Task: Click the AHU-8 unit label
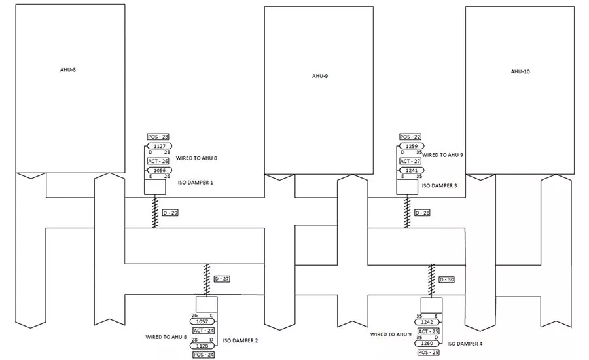click(68, 70)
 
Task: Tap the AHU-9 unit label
click(320, 76)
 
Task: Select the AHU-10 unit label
click(520, 71)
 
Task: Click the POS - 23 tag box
click(158, 137)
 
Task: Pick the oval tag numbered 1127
click(159, 146)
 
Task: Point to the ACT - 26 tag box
click(158, 161)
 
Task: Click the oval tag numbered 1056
click(159, 170)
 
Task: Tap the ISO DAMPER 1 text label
click(195, 182)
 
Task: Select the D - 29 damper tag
click(170, 213)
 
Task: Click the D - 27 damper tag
click(222, 279)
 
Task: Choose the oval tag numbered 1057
click(202, 321)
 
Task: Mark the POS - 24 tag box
click(204, 355)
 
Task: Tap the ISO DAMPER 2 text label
click(240, 340)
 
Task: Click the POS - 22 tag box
click(410, 137)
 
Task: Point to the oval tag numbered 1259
click(412, 146)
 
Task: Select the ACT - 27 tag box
click(410, 161)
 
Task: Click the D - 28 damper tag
click(422, 213)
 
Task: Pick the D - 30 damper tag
click(446, 279)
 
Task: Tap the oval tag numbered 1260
click(427, 343)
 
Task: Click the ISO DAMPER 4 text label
click(465, 344)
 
